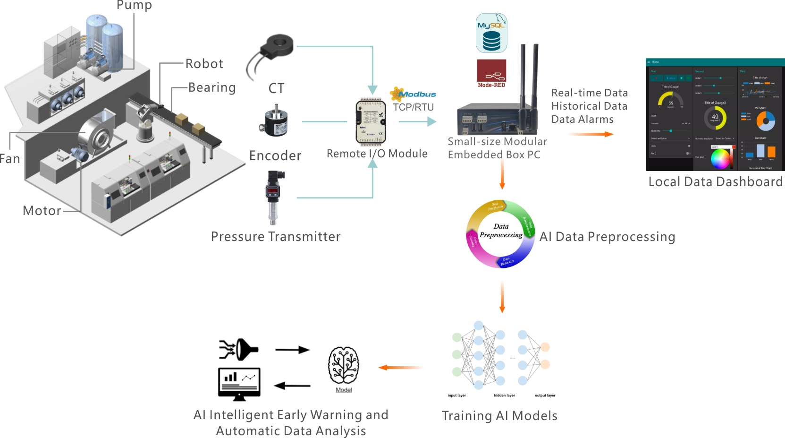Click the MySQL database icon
491,33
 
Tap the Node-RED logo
491,73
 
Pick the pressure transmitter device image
273,197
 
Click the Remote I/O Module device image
371,122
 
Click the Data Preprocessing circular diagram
501,234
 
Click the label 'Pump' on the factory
134,5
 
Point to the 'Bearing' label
212,88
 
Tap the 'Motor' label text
42,211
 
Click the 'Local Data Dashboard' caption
715,182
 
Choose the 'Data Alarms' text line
582,120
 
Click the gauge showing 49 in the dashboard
715,117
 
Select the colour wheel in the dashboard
720,159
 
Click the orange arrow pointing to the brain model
400,368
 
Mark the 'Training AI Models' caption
499,416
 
